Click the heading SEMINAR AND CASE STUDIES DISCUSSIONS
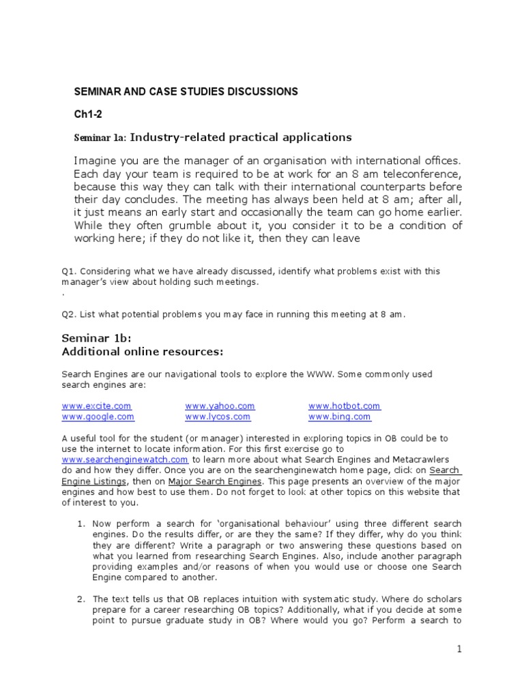click(186, 91)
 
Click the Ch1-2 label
click(87, 114)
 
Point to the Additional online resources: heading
click(143, 352)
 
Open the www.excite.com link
click(96, 406)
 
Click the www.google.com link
click(98, 416)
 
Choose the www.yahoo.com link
click(220, 406)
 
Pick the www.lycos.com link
click(218, 416)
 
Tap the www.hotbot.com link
click(344, 406)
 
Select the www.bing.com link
click(339, 416)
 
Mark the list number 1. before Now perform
click(81, 524)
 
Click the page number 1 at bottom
click(460, 650)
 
